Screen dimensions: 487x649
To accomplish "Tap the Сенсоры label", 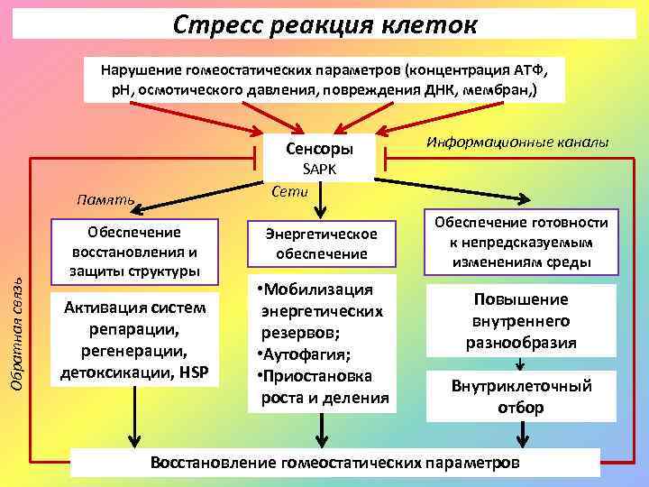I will (x=318, y=148).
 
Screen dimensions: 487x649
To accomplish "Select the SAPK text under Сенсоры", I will (x=318, y=170).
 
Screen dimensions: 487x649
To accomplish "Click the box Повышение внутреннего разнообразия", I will (x=520, y=321).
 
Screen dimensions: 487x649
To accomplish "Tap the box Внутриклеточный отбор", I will (x=520, y=397).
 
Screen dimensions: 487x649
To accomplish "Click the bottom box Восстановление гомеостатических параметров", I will (x=334, y=463).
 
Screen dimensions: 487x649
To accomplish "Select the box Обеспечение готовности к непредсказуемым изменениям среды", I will (x=521, y=242).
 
